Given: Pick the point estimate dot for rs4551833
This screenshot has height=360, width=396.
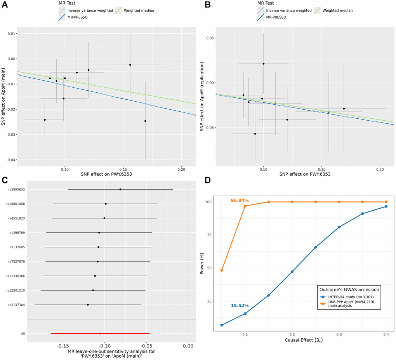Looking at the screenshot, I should pyautogui.click(x=104, y=218).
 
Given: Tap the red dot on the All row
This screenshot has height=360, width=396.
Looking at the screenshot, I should pyautogui.click(x=100, y=334).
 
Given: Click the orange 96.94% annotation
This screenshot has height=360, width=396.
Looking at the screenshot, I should pyautogui.click(x=240, y=201).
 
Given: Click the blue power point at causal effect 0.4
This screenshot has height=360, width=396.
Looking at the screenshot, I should pyautogui.click(x=386, y=206).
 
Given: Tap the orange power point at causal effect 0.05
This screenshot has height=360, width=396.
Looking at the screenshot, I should pyautogui.click(x=221, y=270).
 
